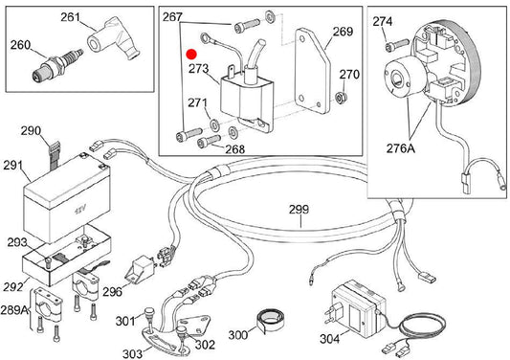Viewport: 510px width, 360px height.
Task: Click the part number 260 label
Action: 20,45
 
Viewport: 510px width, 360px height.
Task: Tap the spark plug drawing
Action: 57,64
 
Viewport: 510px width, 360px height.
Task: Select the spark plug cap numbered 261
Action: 113,38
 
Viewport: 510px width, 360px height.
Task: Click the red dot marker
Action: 191,54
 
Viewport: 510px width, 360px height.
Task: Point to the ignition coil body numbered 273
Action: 247,98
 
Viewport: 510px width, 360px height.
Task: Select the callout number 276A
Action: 401,148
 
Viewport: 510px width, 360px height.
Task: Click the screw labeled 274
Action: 396,45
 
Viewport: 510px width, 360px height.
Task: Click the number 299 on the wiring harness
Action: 299,210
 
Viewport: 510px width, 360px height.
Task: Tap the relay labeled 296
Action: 141,268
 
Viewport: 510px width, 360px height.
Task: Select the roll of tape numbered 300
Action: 269,320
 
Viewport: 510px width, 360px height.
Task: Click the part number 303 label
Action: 132,353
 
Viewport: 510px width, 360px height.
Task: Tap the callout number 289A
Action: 14,309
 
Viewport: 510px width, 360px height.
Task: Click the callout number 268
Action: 234,149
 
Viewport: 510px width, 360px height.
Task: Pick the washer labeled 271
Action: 214,124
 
